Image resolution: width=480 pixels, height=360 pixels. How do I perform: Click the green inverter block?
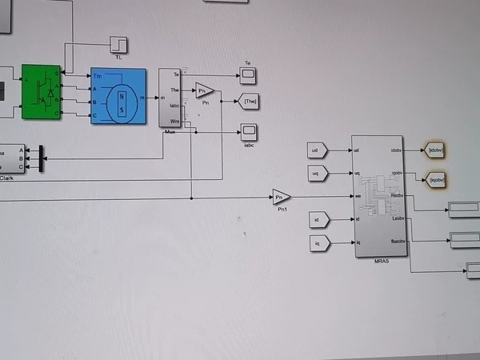click(42, 91)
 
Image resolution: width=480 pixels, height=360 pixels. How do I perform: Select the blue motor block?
click(118, 96)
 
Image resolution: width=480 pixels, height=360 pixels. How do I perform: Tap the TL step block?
click(119, 43)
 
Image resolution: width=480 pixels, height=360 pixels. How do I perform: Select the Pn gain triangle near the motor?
click(205, 90)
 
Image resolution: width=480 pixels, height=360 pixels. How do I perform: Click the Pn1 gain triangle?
click(281, 197)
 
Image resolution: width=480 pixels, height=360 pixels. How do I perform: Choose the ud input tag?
click(317, 150)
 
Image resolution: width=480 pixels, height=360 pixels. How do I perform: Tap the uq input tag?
click(317, 173)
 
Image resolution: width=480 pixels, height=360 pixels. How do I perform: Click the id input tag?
click(317, 219)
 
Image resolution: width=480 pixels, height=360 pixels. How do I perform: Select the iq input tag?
click(317, 242)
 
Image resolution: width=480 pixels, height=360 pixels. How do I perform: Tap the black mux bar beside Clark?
click(40, 158)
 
